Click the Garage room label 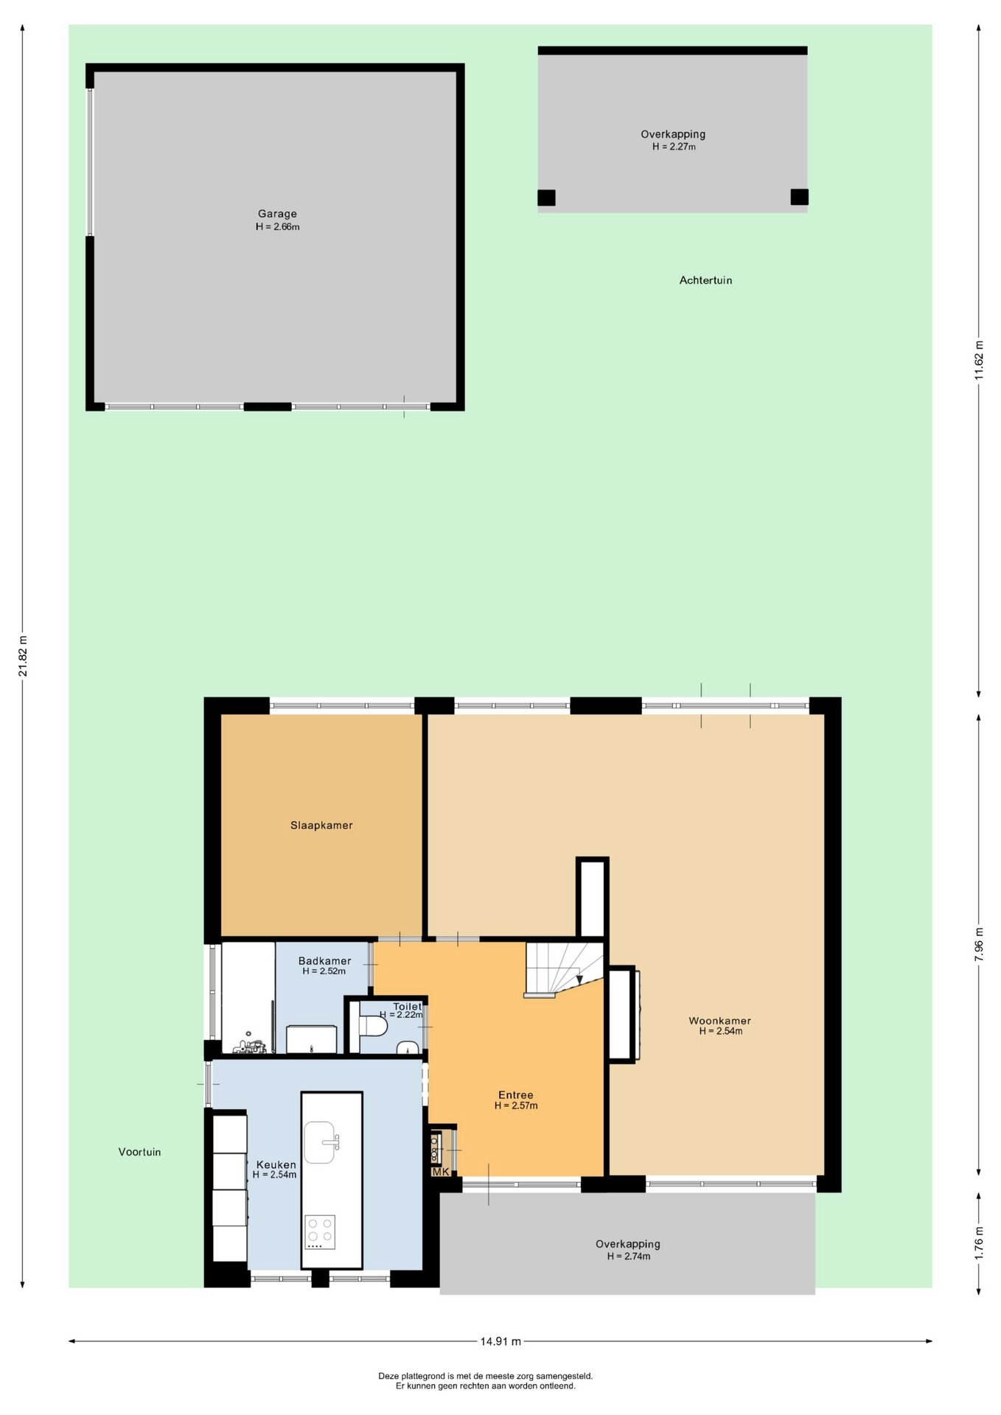click(x=277, y=214)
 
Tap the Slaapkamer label click(x=321, y=825)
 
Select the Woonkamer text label click(x=720, y=1021)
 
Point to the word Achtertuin click(x=705, y=280)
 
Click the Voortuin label click(x=139, y=1152)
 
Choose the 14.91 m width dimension click(x=501, y=1341)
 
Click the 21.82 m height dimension click(x=23, y=655)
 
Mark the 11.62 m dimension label click(x=979, y=360)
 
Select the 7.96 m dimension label click(x=979, y=945)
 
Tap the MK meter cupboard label click(x=440, y=1172)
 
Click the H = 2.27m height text click(x=674, y=147)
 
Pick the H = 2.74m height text click(x=629, y=1257)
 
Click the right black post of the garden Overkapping click(x=799, y=197)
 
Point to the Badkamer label click(x=324, y=961)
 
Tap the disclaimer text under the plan click(x=486, y=1381)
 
